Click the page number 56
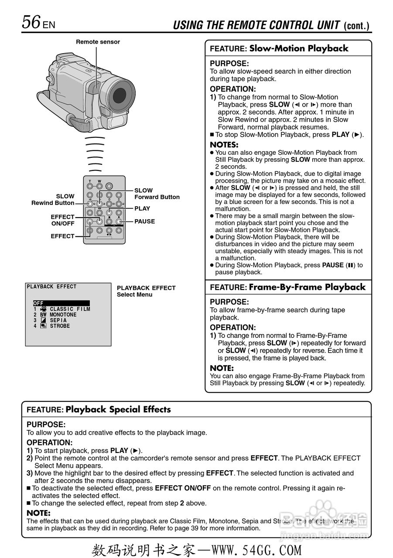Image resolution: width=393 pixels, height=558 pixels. coord(31,22)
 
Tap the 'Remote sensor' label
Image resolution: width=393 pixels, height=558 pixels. coord(98,42)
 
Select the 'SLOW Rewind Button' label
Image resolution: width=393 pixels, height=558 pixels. coord(53,200)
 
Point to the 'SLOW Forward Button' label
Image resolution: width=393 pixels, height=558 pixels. coord(157,194)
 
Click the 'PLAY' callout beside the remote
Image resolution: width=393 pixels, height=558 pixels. coord(142,208)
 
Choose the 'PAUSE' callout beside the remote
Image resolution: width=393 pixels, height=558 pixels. coord(144,221)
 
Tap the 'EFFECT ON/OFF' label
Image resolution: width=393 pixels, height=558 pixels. coord(62,220)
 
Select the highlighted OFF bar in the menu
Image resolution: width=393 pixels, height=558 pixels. coord(61,303)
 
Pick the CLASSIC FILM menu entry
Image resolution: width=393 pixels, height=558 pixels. coord(70,309)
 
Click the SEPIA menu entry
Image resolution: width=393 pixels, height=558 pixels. coord(58,320)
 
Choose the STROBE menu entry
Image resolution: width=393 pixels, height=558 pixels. coord(59,326)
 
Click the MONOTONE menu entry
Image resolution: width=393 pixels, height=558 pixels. coord(63,315)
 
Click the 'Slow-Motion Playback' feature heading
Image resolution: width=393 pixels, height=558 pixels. coord(298,48)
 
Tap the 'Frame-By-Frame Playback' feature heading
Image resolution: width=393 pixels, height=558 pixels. coord(307,287)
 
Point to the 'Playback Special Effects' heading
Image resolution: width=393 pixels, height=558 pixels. coord(118,409)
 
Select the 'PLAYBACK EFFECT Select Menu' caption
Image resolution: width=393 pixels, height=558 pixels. coord(146,291)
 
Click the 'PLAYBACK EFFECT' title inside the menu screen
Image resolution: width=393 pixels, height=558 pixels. coord(51,287)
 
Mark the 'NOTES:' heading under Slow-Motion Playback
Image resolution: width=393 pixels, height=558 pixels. coord(224,145)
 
